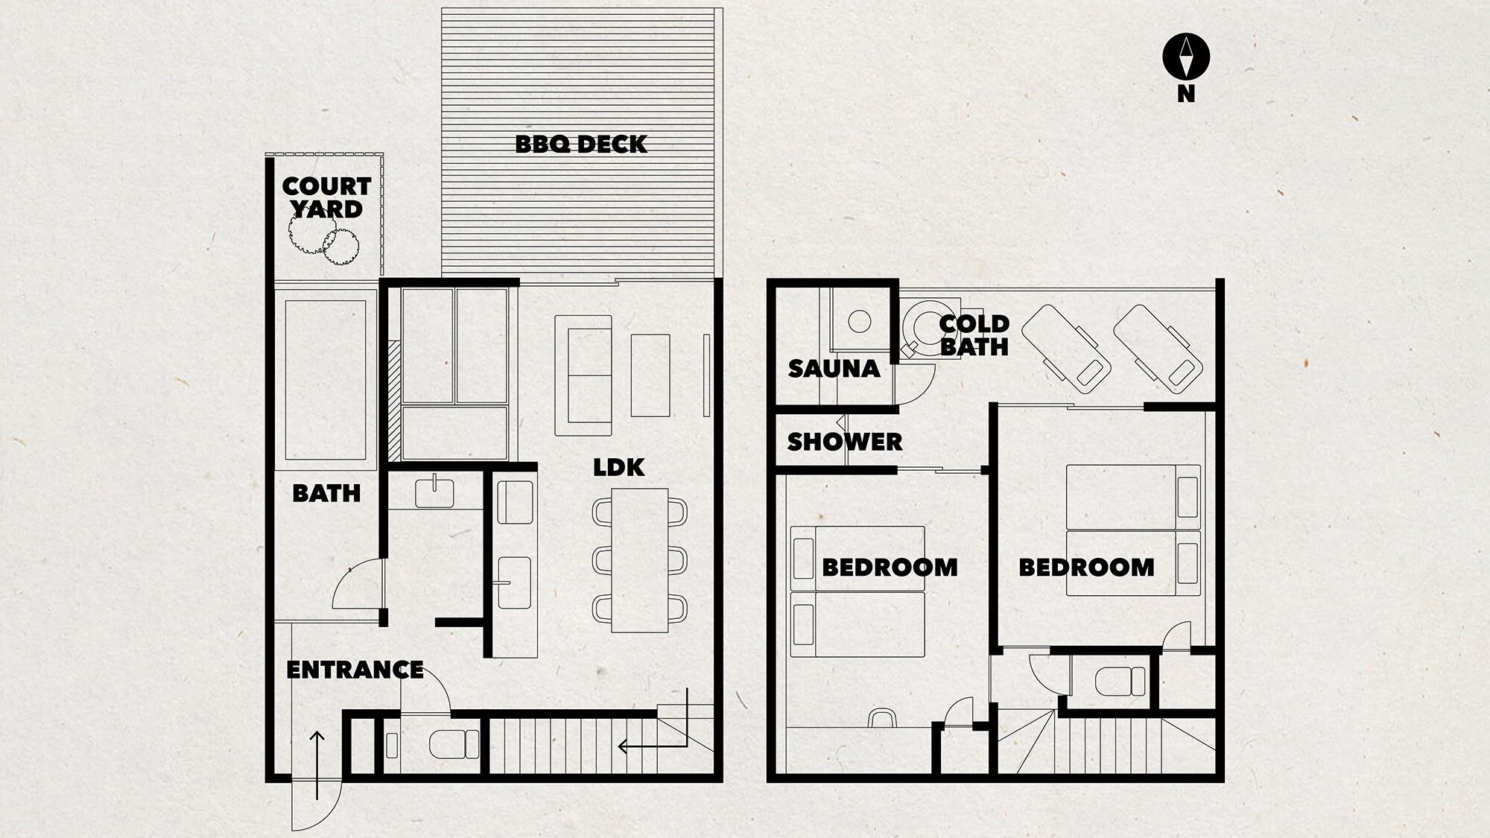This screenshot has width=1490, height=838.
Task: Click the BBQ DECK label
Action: click(x=581, y=144)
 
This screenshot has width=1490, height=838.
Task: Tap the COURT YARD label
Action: click(x=326, y=197)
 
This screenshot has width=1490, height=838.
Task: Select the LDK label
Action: click(x=619, y=468)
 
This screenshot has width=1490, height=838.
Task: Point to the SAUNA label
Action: click(x=834, y=369)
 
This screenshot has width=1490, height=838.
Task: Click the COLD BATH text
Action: click(x=974, y=335)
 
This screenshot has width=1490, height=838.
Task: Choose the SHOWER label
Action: click(x=845, y=442)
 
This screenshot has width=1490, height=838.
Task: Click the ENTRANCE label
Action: click(x=355, y=670)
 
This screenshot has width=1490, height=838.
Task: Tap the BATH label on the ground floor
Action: click(x=326, y=493)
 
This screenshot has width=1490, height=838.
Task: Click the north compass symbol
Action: click(x=1186, y=57)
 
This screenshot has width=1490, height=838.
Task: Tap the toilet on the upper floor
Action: click(x=1120, y=681)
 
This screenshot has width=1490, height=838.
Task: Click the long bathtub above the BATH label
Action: click(x=326, y=380)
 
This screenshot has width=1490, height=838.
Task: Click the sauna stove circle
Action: click(x=860, y=321)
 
